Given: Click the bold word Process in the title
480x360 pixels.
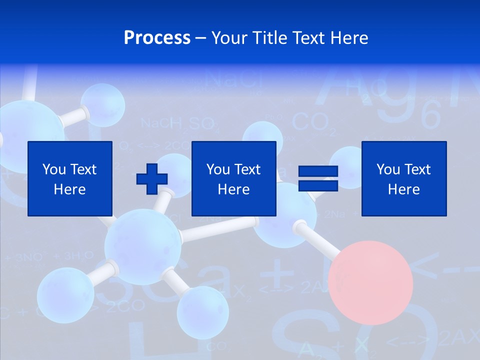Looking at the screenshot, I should click(157, 38).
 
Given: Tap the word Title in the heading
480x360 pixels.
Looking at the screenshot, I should click(270, 38).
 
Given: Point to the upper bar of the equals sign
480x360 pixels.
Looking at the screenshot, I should click(318, 171).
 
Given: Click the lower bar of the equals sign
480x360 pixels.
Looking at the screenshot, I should click(318, 186).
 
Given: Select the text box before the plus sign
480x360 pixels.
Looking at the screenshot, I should click(69, 179).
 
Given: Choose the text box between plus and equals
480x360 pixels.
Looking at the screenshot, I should click(233, 179).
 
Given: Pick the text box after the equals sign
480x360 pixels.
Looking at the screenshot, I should click(403, 179).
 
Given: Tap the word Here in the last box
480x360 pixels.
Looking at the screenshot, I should click(403, 189).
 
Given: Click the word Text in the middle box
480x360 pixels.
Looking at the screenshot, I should click(247, 169).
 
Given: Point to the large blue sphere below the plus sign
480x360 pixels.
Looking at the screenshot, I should click(142, 247).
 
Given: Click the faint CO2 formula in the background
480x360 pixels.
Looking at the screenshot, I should click(310, 122).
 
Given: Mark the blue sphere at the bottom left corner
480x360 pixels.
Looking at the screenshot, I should click(65, 295).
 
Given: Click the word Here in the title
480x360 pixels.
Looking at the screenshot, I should click(348, 38).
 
